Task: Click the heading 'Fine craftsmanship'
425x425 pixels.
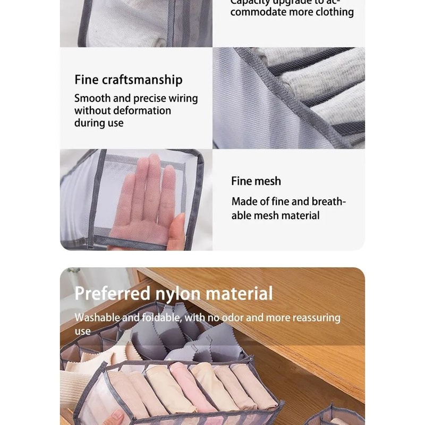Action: click(128, 80)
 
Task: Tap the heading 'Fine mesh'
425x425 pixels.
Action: click(256, 181)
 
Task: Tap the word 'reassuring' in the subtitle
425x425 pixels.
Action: click(313, 318)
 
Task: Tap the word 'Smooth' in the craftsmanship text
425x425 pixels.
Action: click(92, 98)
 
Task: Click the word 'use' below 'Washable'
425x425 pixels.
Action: click(82, 331)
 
